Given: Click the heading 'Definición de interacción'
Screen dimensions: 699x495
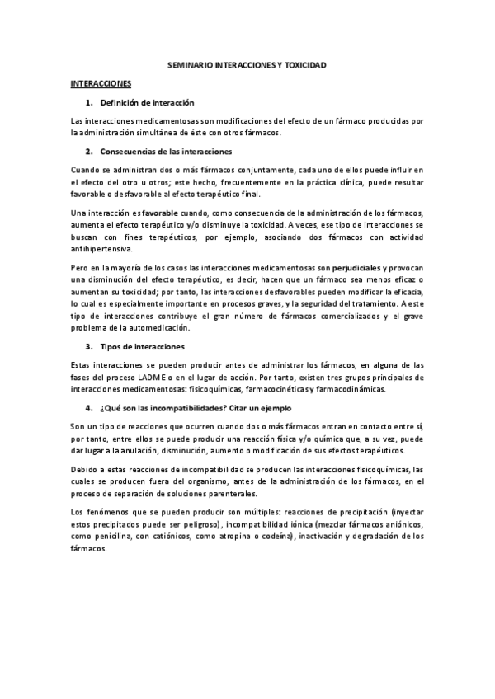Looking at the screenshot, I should (146, 102).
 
